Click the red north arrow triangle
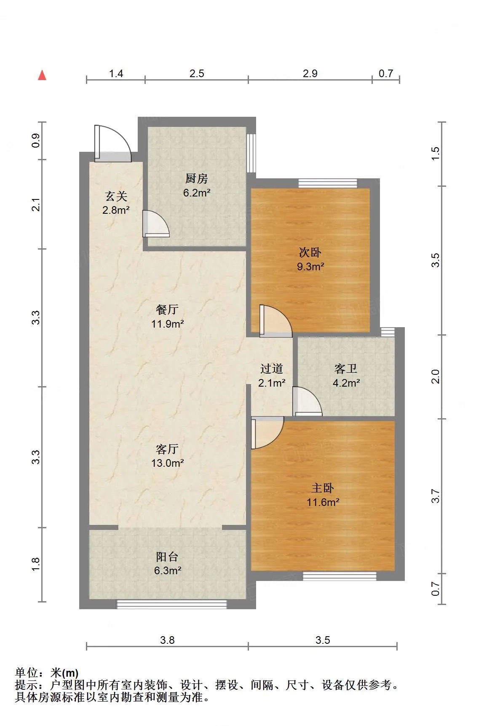(x=42, y=75)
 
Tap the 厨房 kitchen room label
(x=197, y=179)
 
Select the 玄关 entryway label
(x=116, y=196)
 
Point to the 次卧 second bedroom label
(x=310, y=252)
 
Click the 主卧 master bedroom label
(x=323, y=488)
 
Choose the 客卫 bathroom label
(x=346, y=369)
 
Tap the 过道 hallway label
(x=272, y=369)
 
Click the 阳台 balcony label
(x=167, y=557)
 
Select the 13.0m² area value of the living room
(x=168, y=463)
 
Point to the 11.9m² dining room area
(x=168, y=324)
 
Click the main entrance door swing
(x=113, y=143)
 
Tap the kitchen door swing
(x=156, y=223)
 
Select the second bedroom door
(x=276, y=321)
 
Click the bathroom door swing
(x=307, y=401)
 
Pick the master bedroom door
(x=267, y=433)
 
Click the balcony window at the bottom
(x=171, y=605)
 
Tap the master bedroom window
(x=340, y=576)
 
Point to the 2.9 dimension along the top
(x=310, y=73)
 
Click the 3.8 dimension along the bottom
(x=167, y=640)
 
